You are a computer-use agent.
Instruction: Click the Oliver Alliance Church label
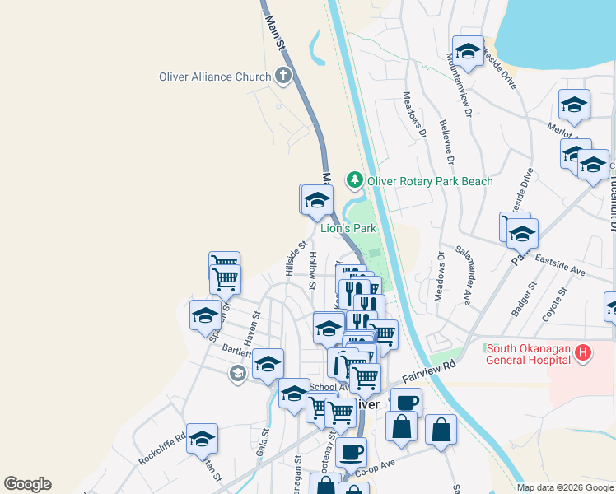215,77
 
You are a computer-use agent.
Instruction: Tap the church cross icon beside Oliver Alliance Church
282,77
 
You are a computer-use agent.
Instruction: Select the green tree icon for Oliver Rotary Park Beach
355,179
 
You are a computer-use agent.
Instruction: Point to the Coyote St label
555,304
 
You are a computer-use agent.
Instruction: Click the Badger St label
523,298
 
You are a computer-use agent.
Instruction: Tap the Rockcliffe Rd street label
161,450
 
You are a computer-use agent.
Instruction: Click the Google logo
27,484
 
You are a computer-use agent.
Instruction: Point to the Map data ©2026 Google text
565,487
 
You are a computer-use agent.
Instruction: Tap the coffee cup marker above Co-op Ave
351,451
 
